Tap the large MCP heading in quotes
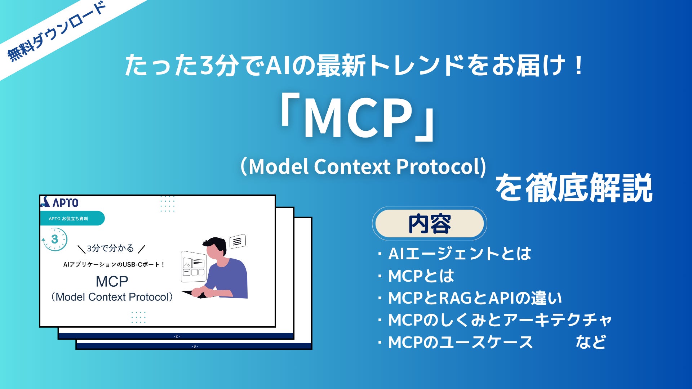tap(358, 119)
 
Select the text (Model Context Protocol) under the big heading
tap(363, 166)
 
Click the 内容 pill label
tap(429, 224)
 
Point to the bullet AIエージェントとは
tap(454, 254)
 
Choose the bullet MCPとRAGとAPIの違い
tap(470, 298)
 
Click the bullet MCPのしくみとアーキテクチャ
tap(494, 320)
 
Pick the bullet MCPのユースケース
tap(455, 342)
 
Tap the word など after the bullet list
tap(591, 342)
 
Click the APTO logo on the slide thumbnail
tap(60, 202)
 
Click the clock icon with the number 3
tap(54, 239)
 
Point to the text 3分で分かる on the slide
tap(110, 248)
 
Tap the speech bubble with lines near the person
tap(238, 241)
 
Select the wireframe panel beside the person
tap(194, 267)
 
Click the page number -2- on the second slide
tap(177, 336)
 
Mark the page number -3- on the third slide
tap(195, 346)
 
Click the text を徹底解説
tap(574, 188)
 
